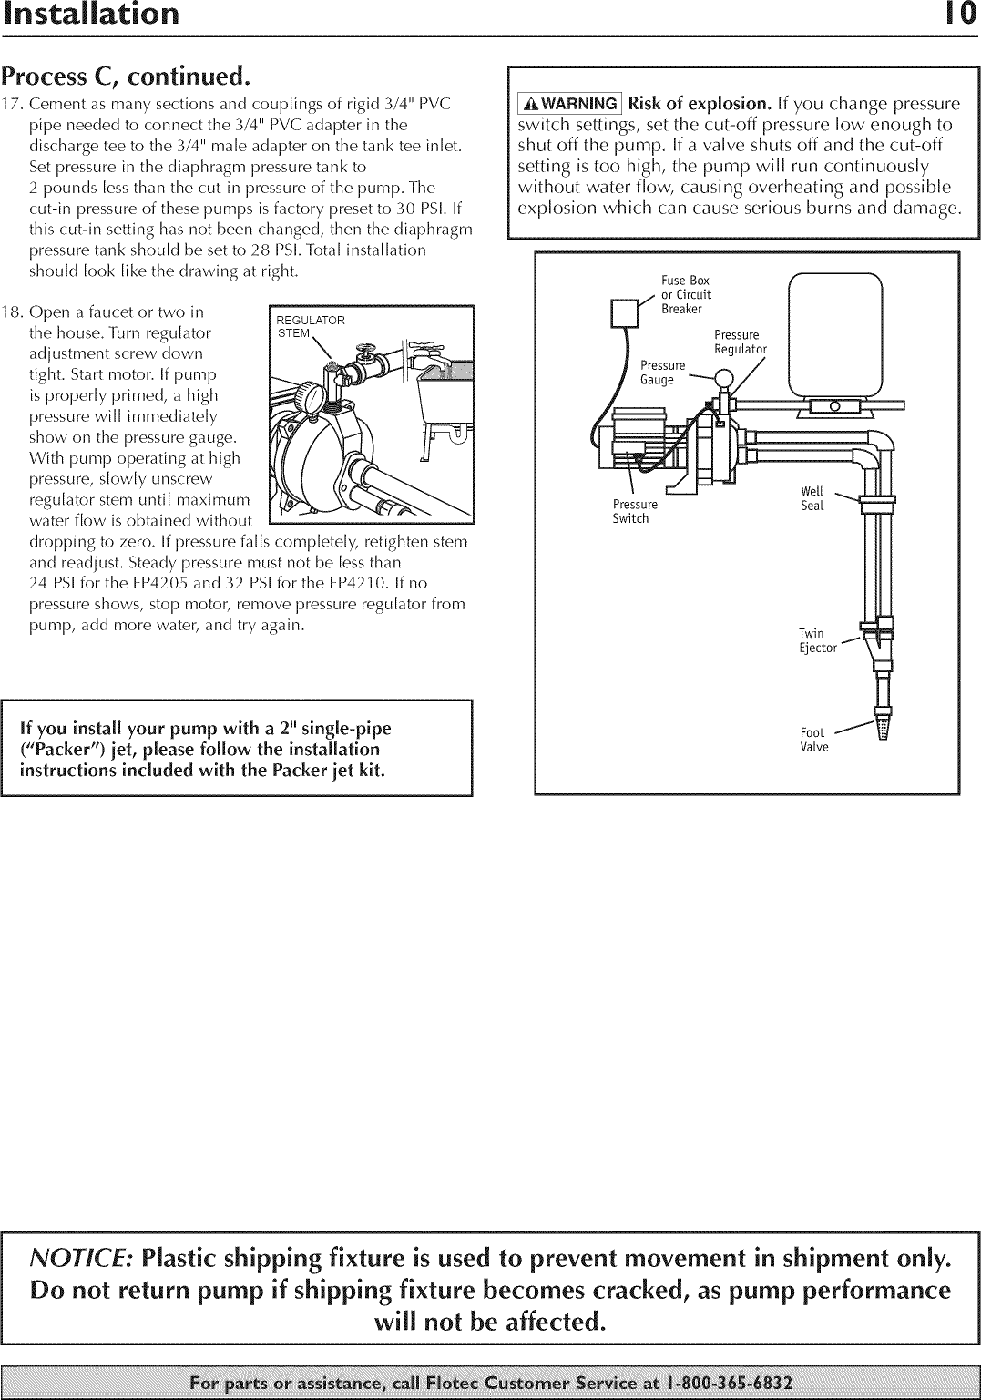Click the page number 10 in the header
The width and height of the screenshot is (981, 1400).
[x=959, y=15]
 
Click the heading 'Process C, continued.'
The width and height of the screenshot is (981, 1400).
[x=125, y=75]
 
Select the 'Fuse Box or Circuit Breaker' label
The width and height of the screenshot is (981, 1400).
[x=687, y=294]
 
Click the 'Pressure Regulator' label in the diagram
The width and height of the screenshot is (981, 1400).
[x=740, y=342]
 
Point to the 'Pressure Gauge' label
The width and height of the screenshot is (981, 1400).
[x=662, y=373]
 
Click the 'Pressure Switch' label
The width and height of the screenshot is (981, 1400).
[x=634, y=511]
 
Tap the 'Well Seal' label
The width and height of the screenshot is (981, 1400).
[x=812, y=498]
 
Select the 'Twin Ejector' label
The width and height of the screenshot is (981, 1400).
[x=816, y=640]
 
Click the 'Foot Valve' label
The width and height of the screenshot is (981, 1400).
[x=813, y=740]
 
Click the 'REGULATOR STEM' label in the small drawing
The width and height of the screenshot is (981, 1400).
[x=310, y=326]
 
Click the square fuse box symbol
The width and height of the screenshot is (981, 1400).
[x=625, y=314]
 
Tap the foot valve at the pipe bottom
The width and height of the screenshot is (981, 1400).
[x=882, y=727]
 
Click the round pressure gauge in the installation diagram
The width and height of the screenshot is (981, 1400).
[x=725, y=377]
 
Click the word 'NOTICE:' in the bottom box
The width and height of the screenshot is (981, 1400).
[x=82, y=1258]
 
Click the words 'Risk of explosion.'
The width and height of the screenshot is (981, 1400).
[x=700, y=104]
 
